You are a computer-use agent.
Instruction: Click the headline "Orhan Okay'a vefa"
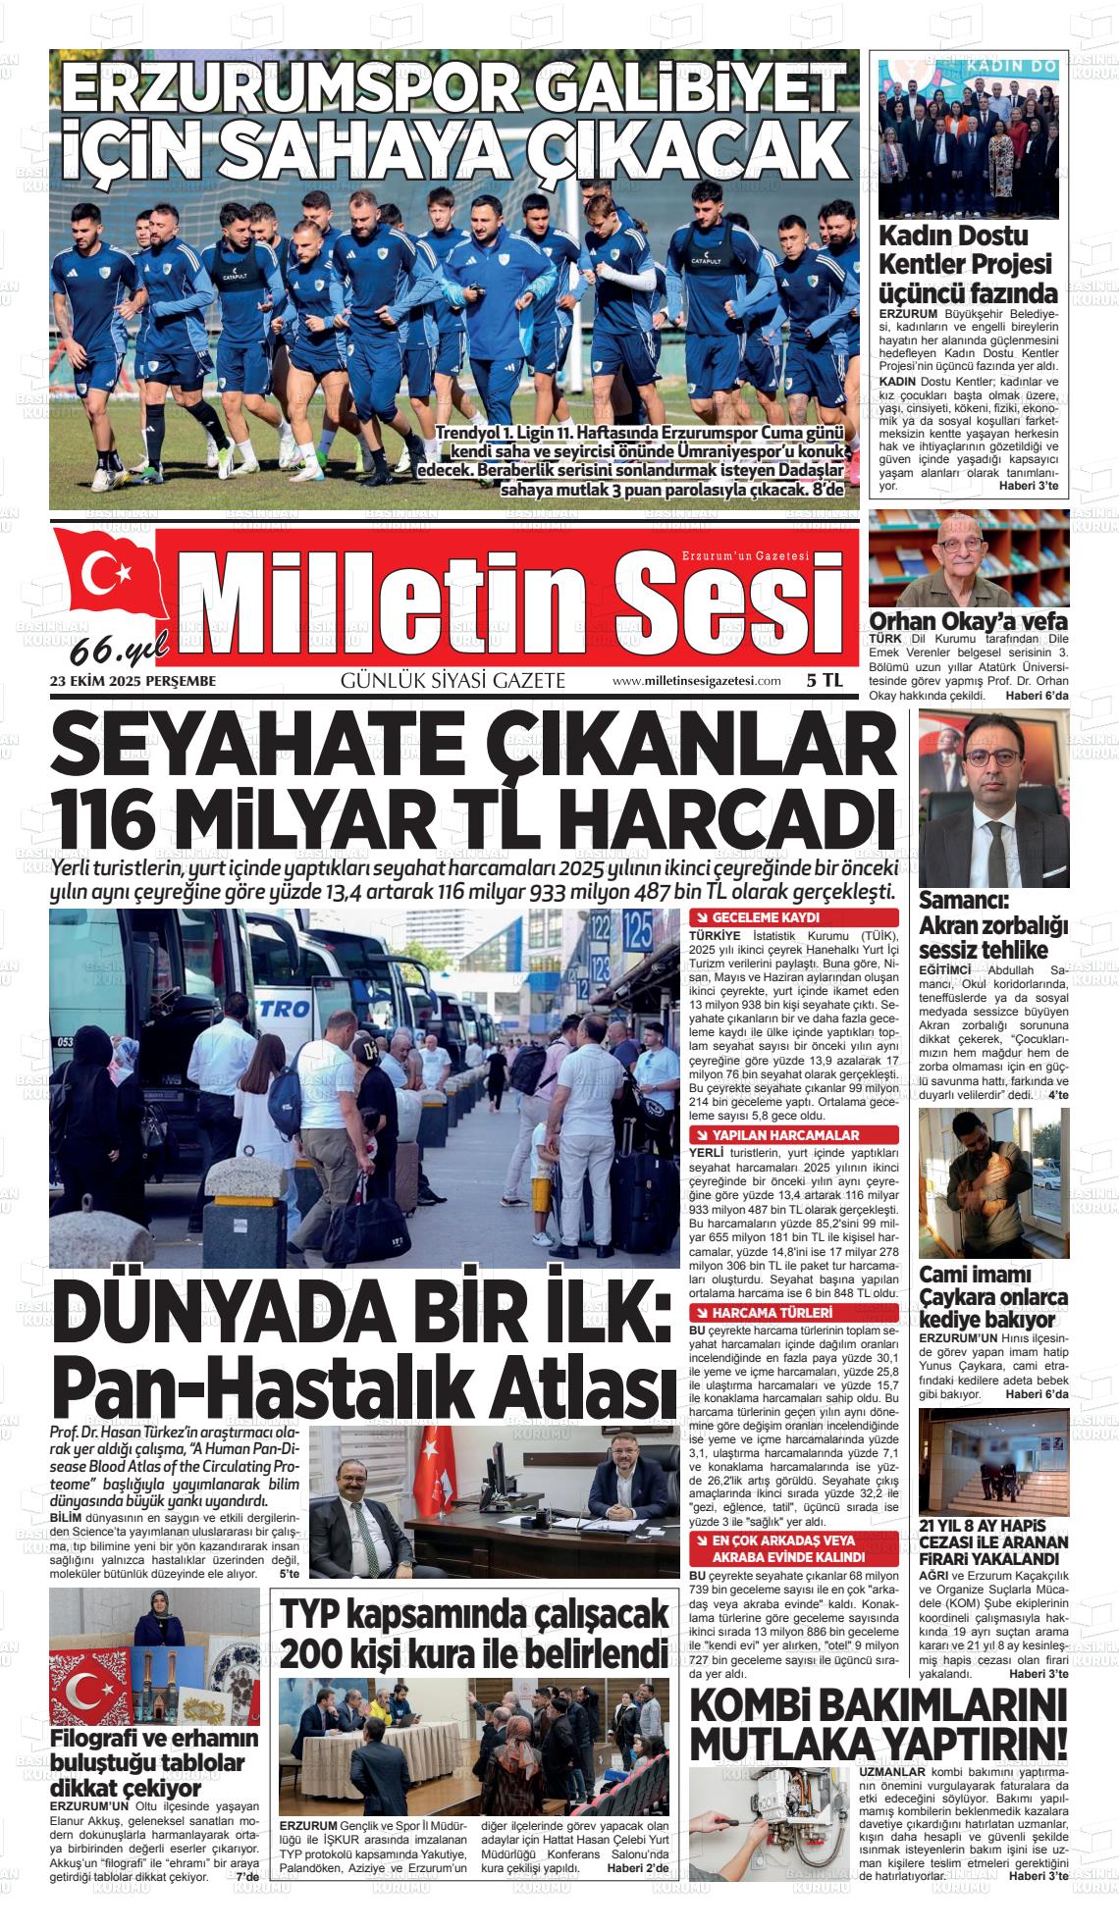tap(968, 621)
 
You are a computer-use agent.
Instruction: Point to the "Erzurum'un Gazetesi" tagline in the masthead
tap(746, 556)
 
